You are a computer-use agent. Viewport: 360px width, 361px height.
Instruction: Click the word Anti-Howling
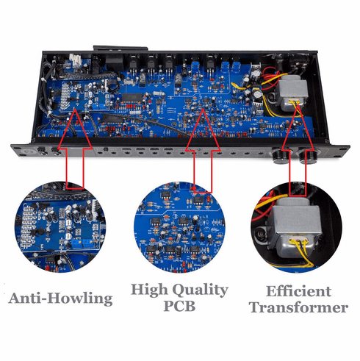point(60,299)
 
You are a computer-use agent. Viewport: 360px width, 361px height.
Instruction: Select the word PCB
point(179,306)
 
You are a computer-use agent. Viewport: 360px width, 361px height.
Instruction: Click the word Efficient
point(298,291)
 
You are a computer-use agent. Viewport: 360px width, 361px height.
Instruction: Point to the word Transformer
point(299,307)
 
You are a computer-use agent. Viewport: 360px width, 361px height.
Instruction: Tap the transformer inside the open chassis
point(292,93)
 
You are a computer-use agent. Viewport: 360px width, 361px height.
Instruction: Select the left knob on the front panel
point(280,157)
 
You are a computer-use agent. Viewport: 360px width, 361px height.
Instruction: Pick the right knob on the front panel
point(307,157)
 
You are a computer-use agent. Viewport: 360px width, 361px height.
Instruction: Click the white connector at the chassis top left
point(75,60)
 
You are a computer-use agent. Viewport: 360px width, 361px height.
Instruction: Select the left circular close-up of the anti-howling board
point(60,227)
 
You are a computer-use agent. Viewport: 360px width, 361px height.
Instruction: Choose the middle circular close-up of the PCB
point(179,227)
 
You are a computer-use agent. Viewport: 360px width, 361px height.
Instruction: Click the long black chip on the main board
point(132,97)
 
